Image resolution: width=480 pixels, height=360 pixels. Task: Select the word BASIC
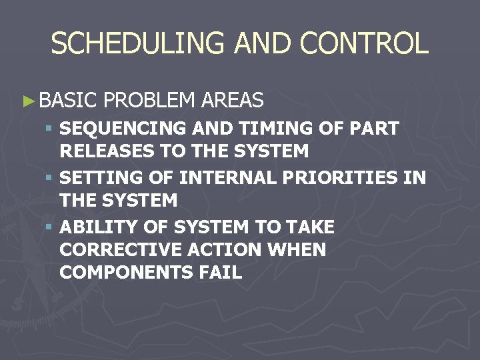tap(69, 101)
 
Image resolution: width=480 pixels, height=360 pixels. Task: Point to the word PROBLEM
tap(149, 101)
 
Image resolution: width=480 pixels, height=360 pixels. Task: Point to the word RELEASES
tap(107, 151)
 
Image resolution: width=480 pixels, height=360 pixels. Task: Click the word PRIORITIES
tap(342, 177)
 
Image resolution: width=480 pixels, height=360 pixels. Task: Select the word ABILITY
tap(97, 227)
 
